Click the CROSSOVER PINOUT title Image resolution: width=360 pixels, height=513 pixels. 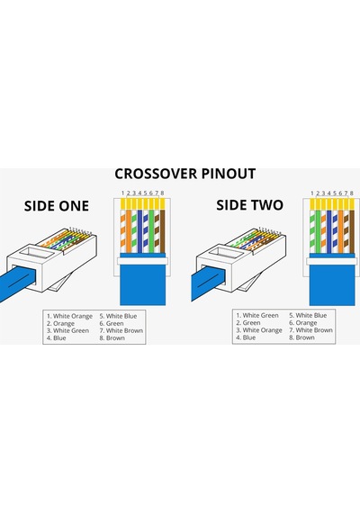pyautogui.click(x=184, y=174)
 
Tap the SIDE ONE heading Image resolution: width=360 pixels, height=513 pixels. pyautogui.click(x=57, y=206)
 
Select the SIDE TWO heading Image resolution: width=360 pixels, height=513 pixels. pyautogui.click(x=249, y=205)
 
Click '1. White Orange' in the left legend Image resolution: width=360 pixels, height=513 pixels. pyautogui.click(x=69, y=316)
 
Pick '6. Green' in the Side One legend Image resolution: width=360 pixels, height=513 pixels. pyautogui.click(x=112, y=323)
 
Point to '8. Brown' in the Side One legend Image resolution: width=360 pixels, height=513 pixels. pyautogui.click(x=112, y=337)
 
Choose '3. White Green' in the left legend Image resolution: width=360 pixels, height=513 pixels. pyautogui.click(x=67, y=330)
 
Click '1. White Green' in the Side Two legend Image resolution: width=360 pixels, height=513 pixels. pyautogui.click(x=257, y=315)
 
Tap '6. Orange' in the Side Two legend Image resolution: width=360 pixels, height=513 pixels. pyautogui.click(x=302, y=322)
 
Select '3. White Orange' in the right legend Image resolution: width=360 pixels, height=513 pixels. pyautogui.click(x=259, y=330)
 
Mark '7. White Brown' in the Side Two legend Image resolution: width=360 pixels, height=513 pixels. pyautogui.click(x=310, y=330)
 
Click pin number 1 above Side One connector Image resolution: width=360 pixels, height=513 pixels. pyautogui.click(x=122, y=193)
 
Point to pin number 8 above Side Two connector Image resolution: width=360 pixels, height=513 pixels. pyautogui.click(x=352, y=193)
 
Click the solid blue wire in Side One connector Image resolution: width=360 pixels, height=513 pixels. pyautogui.click(x=139, y=231)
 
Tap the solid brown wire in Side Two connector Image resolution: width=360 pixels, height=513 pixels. pyautogui.click(x=352, y=231)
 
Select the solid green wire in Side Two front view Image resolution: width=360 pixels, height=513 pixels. pyautogui.click(x=318, y=231)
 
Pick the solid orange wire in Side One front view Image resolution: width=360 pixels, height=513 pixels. pyautogui.click(x=129, y=231)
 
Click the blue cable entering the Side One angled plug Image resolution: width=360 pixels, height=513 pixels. pyautogui.click(x=16, y=283)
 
